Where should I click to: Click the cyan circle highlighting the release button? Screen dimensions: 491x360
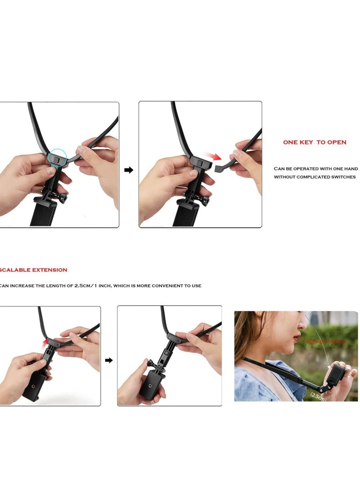(57, 158)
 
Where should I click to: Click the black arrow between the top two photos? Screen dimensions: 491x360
(129, 170)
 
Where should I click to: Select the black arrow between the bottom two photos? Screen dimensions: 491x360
(109, 360)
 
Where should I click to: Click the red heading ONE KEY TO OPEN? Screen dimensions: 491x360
(315, 142)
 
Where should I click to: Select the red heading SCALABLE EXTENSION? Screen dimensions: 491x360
(34, 270)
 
